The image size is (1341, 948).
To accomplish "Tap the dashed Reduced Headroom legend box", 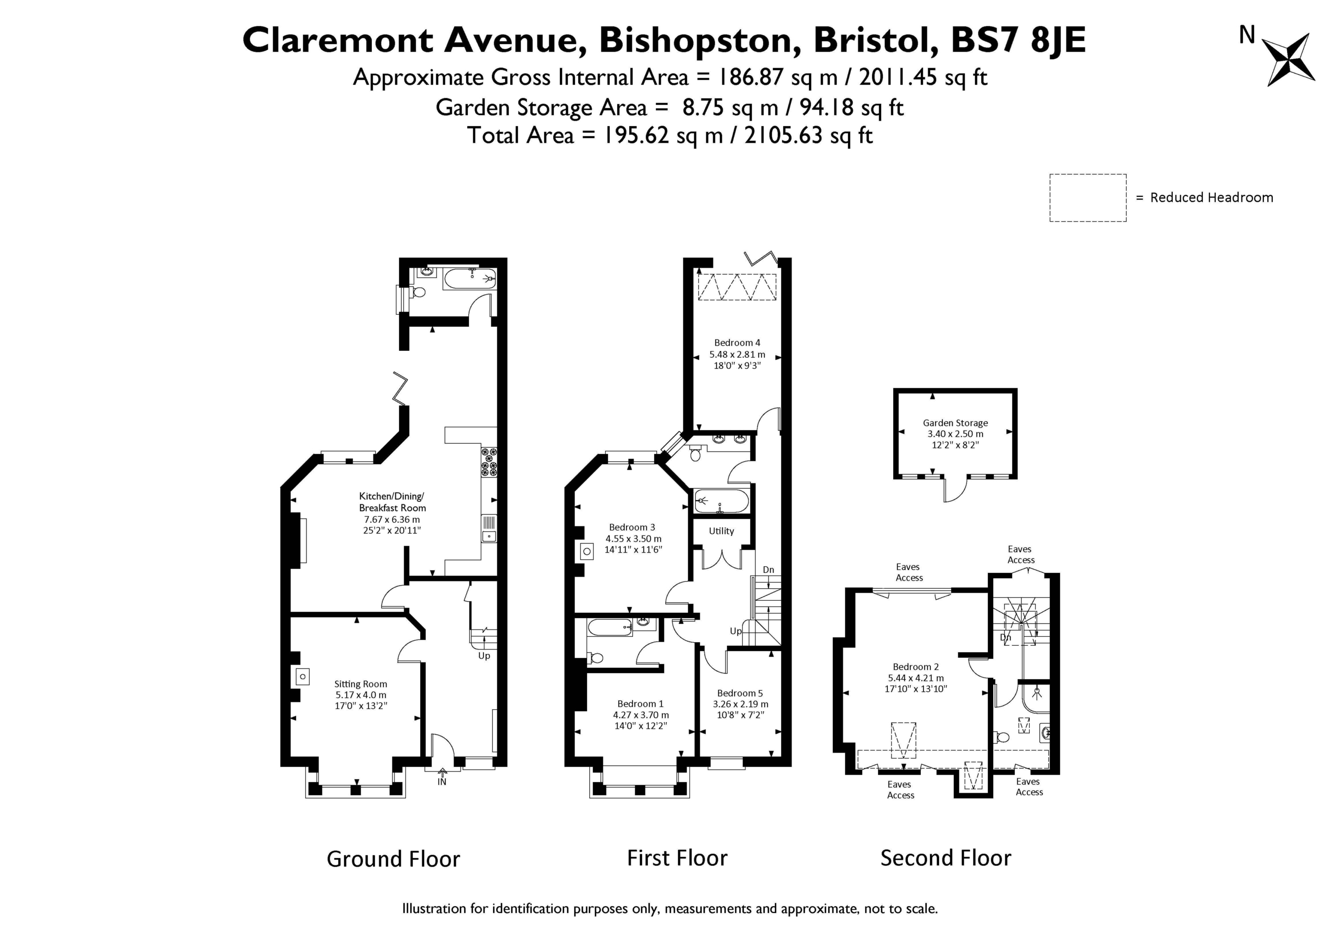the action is (x=1087, y=197).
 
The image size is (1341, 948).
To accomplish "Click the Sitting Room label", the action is (x=360, y=684).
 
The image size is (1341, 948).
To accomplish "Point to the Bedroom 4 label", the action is (x=737, y=343).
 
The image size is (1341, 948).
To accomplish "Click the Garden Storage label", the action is (x=955, y=422).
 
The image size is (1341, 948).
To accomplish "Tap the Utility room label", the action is (x=721, y=531).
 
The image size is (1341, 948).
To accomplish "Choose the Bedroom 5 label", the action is (x=740, y=693).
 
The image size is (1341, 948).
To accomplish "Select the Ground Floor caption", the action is (x=393, y=858).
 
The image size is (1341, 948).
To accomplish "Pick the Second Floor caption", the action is (x=946, y=858).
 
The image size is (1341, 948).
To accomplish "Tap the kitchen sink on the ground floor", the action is (x=489, y=528).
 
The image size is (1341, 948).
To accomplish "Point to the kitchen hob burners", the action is (x=489, y=461).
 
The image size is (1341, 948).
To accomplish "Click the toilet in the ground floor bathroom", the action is (x=417, y=291).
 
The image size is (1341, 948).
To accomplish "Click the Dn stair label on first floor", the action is (x=768, y=569).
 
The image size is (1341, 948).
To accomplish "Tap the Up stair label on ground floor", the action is (x=484, y=656).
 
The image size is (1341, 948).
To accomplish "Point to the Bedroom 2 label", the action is (x=916, y=666).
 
